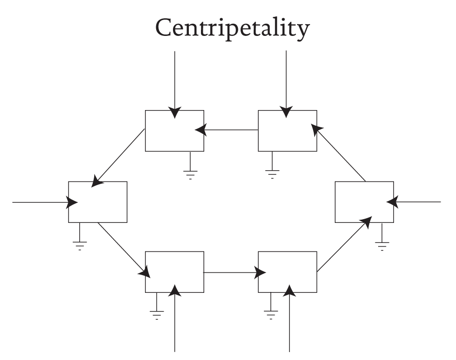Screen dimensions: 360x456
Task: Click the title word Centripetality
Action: point(232,29)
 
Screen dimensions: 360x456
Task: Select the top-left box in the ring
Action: point(174,131)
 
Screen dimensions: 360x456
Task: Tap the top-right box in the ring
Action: point(287,131)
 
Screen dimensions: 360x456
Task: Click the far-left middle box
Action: point(97,202)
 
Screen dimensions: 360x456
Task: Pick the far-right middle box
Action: point(364,202)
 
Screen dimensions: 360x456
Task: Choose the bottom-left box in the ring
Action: point(174,272)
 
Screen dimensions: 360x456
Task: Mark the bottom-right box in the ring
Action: point(287,272)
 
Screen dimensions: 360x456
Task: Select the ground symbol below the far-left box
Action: point(80,244)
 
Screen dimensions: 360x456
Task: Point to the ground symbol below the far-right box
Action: point(382,244)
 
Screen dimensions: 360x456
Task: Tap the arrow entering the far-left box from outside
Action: point(42,202)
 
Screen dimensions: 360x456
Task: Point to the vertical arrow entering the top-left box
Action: point(174,82)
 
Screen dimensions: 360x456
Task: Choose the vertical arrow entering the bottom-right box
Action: point(290,322)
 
